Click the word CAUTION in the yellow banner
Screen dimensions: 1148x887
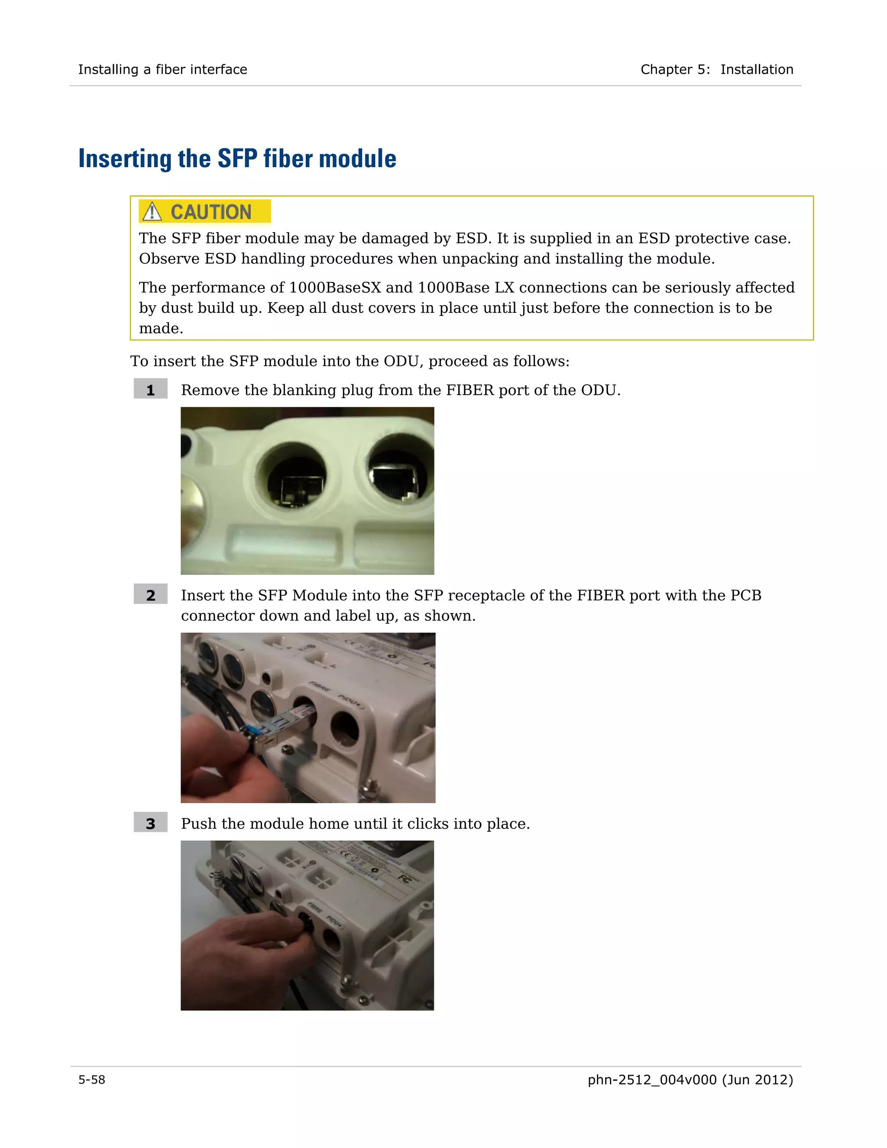pos(211,212)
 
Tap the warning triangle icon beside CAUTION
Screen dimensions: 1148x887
pos(152,211)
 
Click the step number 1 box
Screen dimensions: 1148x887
pos(150,389)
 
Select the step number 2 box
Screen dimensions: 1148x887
pos(150,594)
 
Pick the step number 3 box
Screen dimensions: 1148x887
pos(150,823)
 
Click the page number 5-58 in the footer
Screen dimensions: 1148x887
pos(91,1080)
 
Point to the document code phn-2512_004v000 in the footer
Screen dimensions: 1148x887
pos(651,1080)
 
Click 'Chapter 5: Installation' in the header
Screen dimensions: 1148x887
pos(716,69)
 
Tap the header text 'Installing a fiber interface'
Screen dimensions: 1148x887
pos(162,69)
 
